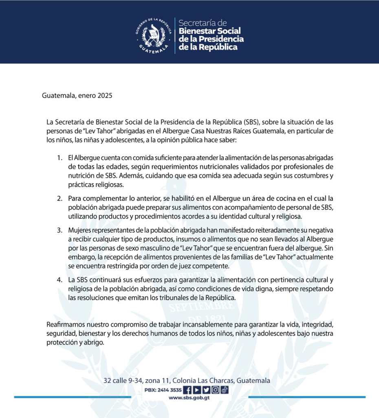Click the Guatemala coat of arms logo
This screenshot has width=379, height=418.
[153, 36]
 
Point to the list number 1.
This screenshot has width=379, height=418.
[59, 158]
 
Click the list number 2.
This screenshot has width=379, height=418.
[59, 198]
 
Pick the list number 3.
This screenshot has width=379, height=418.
[59, 231]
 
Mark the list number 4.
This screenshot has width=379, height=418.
[59, 280]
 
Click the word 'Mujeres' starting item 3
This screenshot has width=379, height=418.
[80, 231]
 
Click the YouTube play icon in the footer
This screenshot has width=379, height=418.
[197, 390]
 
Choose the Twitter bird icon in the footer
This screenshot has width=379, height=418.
[206, 390]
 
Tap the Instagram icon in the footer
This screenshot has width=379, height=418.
[215, 390]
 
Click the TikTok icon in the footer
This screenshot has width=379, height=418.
[224, 390]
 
